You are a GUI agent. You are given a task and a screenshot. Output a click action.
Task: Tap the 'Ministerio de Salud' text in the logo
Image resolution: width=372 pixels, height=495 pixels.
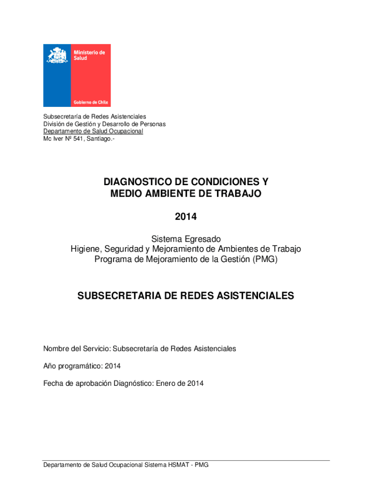pos(88,55)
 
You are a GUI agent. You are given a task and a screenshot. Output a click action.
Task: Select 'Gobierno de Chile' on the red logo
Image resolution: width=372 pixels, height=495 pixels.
pos(91,102)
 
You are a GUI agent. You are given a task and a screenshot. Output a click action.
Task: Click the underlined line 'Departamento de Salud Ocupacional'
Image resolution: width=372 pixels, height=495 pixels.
pos(93,131)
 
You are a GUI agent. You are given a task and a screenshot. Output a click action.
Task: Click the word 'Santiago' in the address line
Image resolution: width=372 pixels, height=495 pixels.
pos(98,139)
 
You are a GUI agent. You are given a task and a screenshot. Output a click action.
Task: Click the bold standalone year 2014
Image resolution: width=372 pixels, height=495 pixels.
pos(186,217)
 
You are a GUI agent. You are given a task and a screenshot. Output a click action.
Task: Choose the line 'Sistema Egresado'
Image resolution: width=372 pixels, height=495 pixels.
pos(186,239)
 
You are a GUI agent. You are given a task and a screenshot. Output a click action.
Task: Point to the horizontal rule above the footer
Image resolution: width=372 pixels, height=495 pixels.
pos(186,460)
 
